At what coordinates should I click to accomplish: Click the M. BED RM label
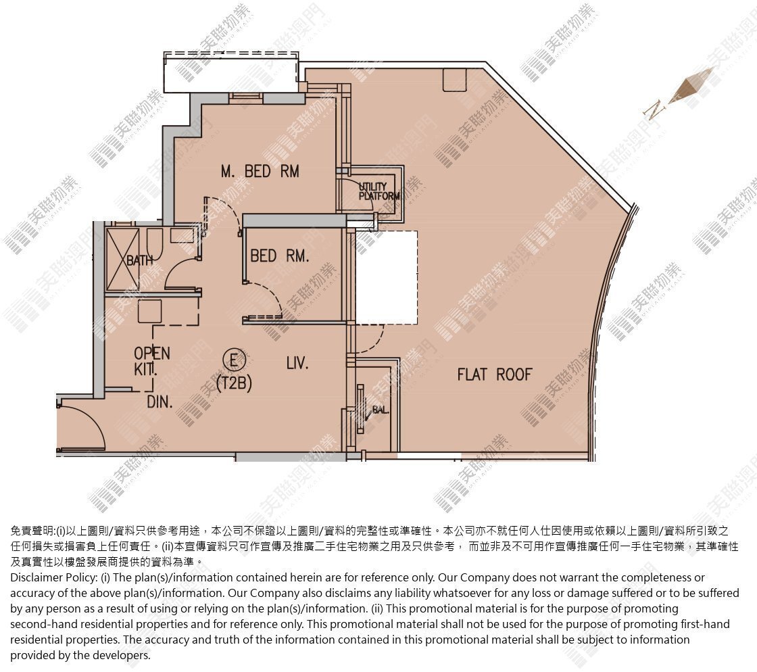260,171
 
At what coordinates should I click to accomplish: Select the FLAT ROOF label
494,375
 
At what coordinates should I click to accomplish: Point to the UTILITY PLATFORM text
379,191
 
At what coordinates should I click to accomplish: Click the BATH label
139,261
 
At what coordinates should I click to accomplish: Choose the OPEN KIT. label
151,361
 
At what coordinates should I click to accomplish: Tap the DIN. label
160,402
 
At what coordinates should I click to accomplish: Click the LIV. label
297,363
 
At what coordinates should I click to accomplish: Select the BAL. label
381,410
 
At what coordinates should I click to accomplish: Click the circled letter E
234,360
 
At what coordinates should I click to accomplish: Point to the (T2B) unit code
234,383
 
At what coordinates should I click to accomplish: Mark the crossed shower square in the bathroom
122,260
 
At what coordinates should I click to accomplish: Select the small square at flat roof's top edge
455,80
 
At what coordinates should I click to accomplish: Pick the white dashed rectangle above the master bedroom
230,72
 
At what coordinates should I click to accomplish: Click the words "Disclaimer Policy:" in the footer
54,578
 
